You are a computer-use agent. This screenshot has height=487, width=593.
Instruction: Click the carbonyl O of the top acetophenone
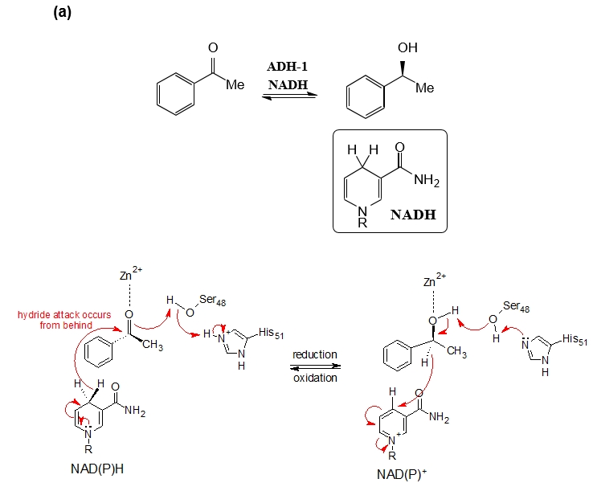pyautogui.click(x=213, y=49)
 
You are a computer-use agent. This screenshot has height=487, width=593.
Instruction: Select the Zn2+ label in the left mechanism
pyautogui.click(x=129, y=276)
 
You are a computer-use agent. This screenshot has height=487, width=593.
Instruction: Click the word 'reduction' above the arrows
pyautogui.click(x=314, y=354)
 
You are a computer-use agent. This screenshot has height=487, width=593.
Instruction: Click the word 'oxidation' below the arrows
pyautogui.click(x=314, y=378)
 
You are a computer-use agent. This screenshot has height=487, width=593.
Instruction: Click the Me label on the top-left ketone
pyautogui.click(x=235, y=84)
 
